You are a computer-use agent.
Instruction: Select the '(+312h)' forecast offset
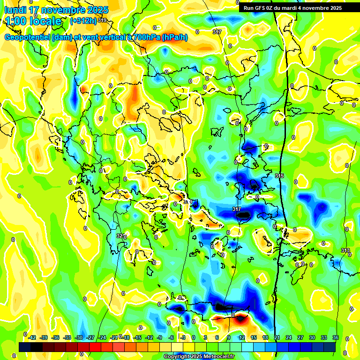click(x=83, y=21)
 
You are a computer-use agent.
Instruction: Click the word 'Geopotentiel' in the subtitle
click(x=28, y=37)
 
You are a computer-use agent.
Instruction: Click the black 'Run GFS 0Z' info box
click(x=299, y=7)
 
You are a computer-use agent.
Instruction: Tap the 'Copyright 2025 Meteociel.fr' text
click(x=199, y=356)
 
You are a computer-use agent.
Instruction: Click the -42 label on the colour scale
click(x=32, y=337)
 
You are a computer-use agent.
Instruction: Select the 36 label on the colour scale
click(x=335, y=337)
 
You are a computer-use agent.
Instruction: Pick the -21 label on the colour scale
click(x=114, y=337)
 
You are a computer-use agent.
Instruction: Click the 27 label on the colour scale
click(x=300, y=337)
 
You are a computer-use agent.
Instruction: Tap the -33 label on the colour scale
click(x=67, y=337)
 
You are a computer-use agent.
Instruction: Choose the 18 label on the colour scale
click(x=265, y=337)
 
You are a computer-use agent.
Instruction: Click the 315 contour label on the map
click(x=279, y=176)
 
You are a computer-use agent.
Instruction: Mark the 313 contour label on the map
click(x=345, y=250)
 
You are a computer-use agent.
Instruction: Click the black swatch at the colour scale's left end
click(x=25, y=347)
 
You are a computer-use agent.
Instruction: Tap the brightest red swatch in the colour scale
click(x=95, y=347)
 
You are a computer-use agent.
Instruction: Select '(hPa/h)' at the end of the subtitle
click(x=175, y=37)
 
